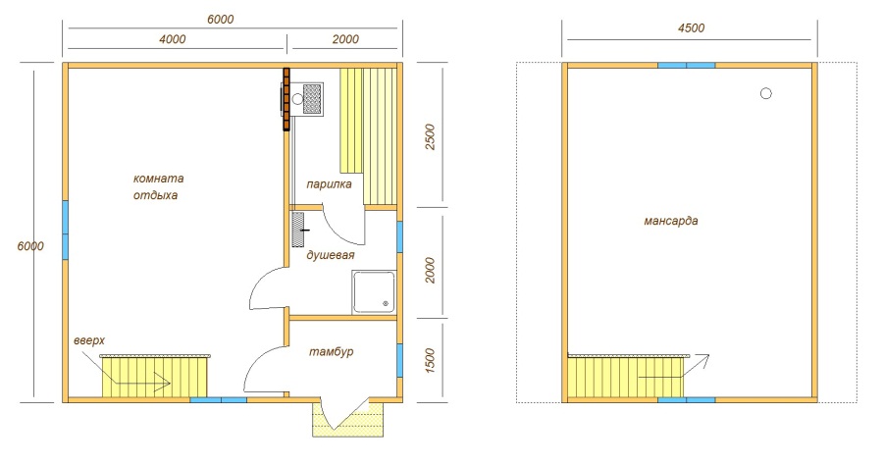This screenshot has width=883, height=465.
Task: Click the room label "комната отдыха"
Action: (x=158, y=187)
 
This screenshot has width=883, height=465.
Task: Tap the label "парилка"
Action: (x=329, y=184)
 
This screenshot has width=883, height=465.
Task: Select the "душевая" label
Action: (x=331, y=255)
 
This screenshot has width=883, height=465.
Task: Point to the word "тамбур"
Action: (x=332, y=352)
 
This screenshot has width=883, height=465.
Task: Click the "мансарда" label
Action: (x=671, y=221)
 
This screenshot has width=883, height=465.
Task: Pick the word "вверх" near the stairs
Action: (x=89, y=341)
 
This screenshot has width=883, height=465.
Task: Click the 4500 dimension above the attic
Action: (x=691, y=28)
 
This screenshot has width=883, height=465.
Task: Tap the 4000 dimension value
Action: (x=173, y=39)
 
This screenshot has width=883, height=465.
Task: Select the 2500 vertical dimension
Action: (x=431, y=136)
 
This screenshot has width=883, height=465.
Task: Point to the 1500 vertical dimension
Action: (x=431, y=361)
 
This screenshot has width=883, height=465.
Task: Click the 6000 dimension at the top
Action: (x=220, y=20)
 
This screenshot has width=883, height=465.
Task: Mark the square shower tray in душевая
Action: (x=374, y=292)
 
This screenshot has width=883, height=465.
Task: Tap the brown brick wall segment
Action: (x=286, y=99)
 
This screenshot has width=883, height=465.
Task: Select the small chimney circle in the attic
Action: (x=766, y=93)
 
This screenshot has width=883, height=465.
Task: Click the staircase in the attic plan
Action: (x=626, y=376)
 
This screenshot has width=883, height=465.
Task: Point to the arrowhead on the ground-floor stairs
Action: (x=165, y=383)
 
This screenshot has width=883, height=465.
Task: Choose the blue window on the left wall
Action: (x=66, y=230)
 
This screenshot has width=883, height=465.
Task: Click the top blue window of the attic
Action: (x=687, y=66)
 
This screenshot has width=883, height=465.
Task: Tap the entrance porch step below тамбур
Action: (x=348, y=420)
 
